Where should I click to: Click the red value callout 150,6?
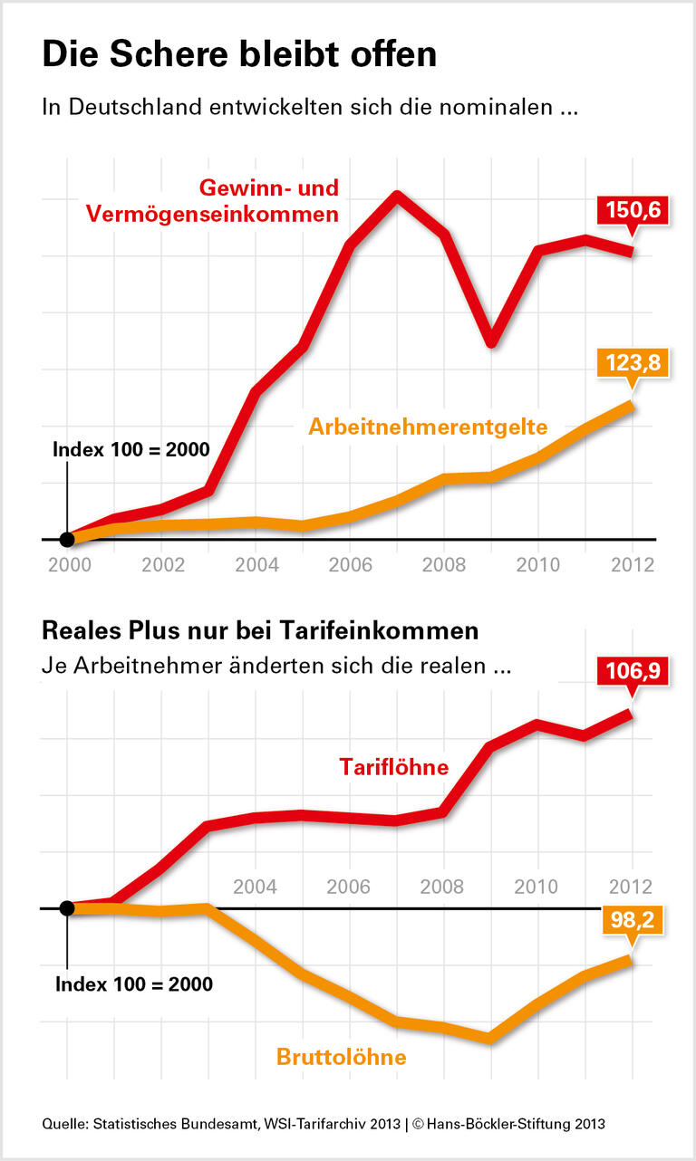point(632,212)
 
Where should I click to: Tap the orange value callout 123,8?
point(632,364)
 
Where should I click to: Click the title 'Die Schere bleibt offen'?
point(239,55)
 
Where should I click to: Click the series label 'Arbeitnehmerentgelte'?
point(428,427)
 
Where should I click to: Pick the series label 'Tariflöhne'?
point(394,767)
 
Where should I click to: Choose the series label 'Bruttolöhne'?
point(341,1056)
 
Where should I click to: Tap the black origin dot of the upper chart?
point(66,540)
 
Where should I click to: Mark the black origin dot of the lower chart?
point(66,907)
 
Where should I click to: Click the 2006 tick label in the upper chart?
point(349,563)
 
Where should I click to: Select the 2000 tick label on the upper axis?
point(66,563)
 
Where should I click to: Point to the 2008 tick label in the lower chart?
point(442,885)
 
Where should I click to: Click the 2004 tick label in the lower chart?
point(255,885)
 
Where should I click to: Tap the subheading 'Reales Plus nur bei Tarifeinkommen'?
point(260,629)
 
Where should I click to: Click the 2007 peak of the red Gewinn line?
point(396,195)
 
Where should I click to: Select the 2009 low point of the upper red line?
point(490,342)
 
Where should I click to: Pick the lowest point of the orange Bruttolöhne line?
point(490,1039)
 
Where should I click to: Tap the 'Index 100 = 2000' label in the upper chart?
point(131,450)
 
